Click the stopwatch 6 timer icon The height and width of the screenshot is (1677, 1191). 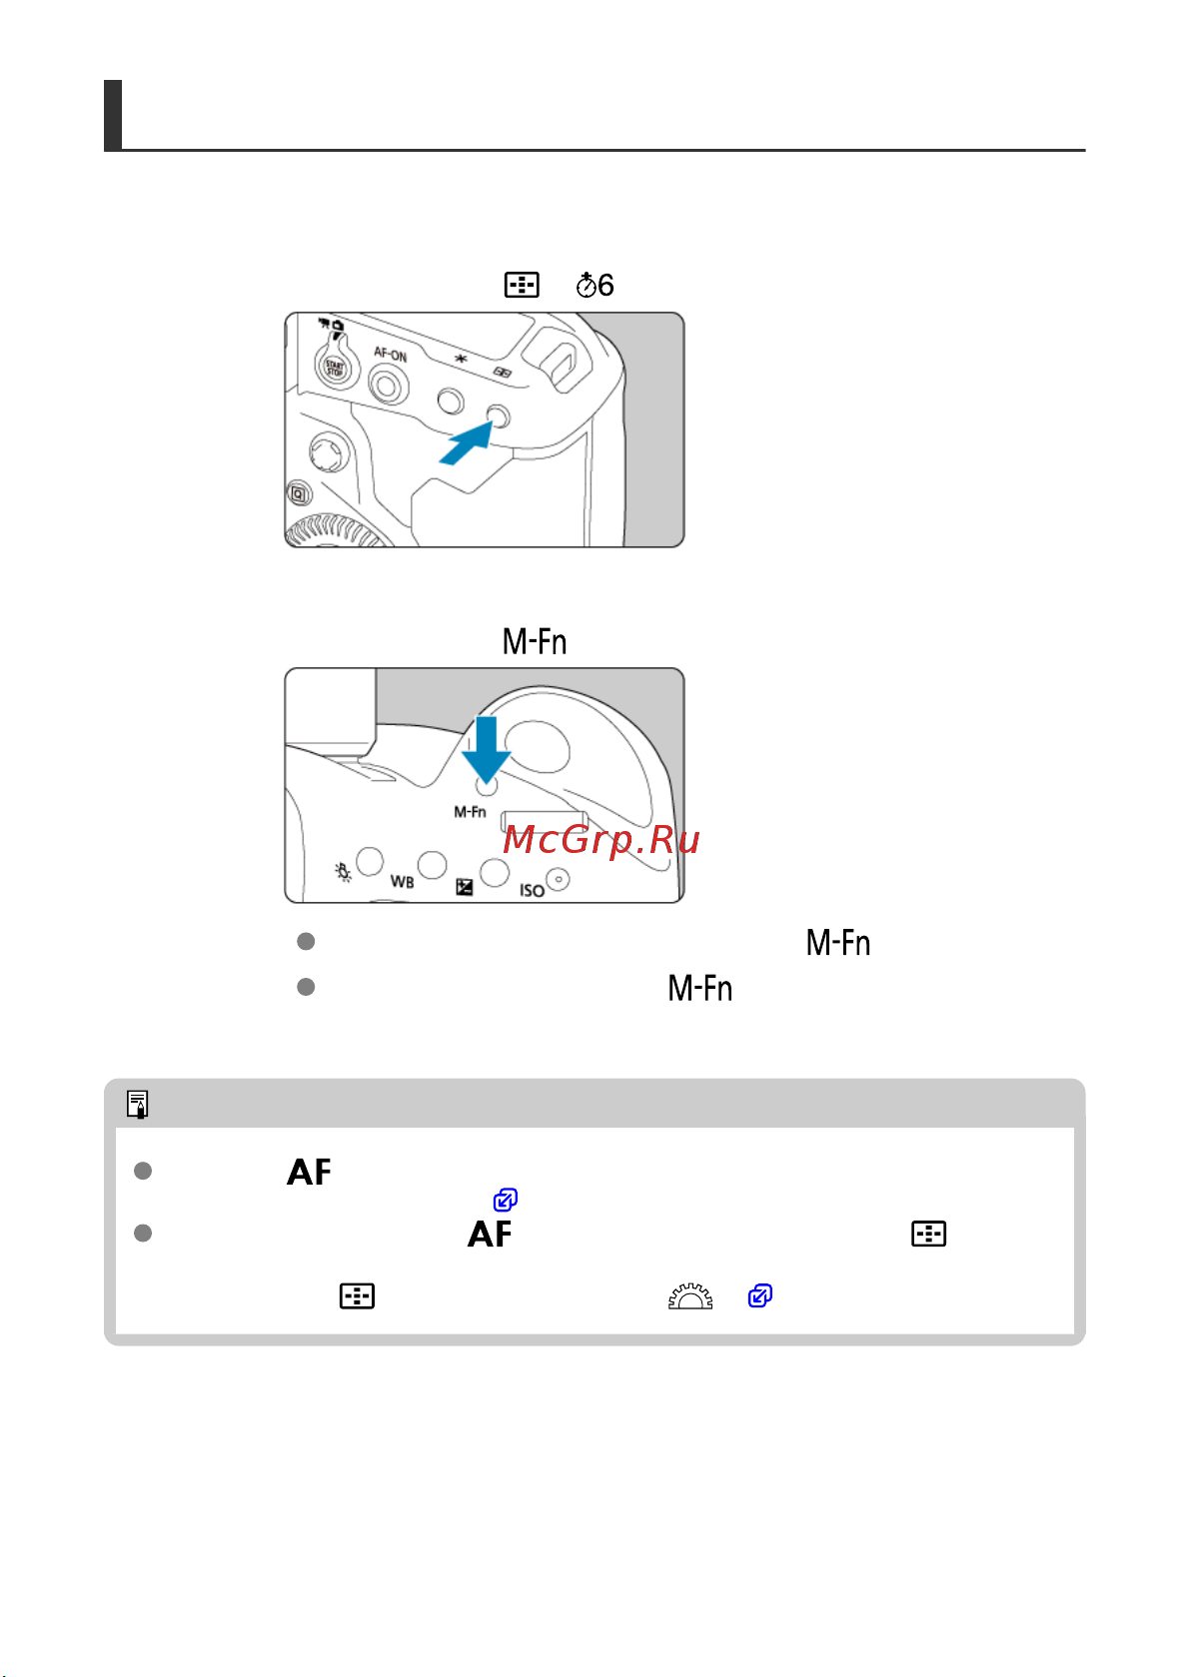[x=595, y=285]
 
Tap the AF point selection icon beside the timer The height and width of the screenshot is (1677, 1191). [x=522, y=285]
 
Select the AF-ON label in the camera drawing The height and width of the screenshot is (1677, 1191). [x=391, y=355]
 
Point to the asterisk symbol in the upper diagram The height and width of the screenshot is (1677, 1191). [x=461, y=360]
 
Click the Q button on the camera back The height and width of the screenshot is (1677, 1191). [x=299, y=494]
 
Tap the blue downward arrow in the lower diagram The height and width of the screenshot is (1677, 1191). [x=487, y=750]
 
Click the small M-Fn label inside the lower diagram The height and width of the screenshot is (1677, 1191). [x=470, y=812]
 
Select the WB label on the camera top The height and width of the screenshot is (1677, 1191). [x=403, y=882]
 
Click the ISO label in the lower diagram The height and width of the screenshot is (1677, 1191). [x=532, y=890]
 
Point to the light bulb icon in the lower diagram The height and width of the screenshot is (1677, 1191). [x=343, y=872]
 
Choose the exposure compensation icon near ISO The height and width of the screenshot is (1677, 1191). [x=465, y=887]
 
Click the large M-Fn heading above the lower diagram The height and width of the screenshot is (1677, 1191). [x=535, y=641]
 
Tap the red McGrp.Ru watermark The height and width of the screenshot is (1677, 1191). [x=600, y=839]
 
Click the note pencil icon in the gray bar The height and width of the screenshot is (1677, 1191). [x=138, y=1104]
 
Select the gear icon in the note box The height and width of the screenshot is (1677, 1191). [x=690, y=1295]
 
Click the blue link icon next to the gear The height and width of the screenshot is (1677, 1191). [x=760, y=1295]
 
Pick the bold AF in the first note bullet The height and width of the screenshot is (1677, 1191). [x=309, y=1172]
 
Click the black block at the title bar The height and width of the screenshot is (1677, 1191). [x=113, y=115]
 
